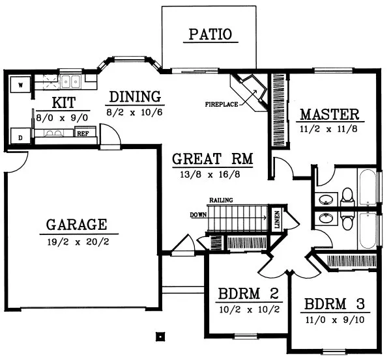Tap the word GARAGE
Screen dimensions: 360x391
pyautogui.click(x=77, y=225)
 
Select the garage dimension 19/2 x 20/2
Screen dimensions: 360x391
pyautogui.click(x=77, y=242)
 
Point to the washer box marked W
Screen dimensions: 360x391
pyautogui.click(x=20, y=85)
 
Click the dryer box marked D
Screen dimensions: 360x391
pyautogui.click(x=20, y=137)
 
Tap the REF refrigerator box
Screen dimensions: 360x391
pyautogui.click(x=83, y=133)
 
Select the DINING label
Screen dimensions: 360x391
pyautogui.click(x=135, y=97)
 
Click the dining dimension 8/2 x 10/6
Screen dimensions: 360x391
pyautogui.click(x=135, y=111)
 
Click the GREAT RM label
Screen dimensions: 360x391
pyautogui.click(x=213, y=158)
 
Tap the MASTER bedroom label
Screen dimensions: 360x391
pyautogui.click(x=328, y=115)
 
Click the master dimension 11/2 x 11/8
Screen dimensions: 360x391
pyautogui.click(x=328, y=130)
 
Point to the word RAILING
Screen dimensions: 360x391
pyautogui.click(x=222, y=200)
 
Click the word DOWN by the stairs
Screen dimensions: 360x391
pyautogui.click(x=198, y=214)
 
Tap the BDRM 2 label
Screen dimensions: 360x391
pyautogui.click(x=248, y=293)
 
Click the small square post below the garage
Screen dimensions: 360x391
pyautogui.click(x=159, y=337)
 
